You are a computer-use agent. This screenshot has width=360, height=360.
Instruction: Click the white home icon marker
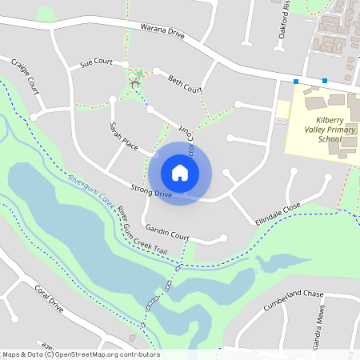180,173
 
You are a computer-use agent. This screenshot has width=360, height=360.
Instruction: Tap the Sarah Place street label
124,136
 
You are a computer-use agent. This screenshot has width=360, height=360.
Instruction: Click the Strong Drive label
151,191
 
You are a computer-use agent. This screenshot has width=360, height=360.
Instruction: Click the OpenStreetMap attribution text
81,354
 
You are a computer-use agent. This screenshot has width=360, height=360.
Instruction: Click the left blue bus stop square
296,82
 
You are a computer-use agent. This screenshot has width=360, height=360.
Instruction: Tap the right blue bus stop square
325,80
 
